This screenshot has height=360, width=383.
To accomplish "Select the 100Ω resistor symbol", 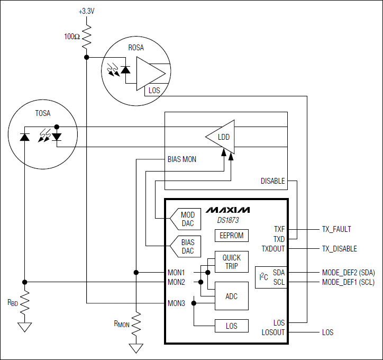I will (x=86, y=37).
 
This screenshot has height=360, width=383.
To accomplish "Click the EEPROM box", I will (x=231, y=235).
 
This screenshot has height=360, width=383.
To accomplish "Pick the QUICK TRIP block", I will (x=231, y=262).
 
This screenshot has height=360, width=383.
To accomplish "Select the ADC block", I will (x=231, y=296).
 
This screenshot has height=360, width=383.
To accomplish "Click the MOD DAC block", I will (x=186, y=219).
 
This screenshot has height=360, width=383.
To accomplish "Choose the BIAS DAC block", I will (x=186, y=247).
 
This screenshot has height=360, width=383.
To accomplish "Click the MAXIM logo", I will (x=228, y=210).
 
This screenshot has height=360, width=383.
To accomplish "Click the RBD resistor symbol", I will (x=24, y=303).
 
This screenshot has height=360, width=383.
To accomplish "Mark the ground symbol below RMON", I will (x=136, y=348).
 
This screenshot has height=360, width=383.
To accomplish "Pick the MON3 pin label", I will (x=176, y=303).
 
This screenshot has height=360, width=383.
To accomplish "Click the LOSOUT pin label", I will (x=273, y=332).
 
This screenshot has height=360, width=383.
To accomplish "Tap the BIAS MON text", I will (x=181, y=159).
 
